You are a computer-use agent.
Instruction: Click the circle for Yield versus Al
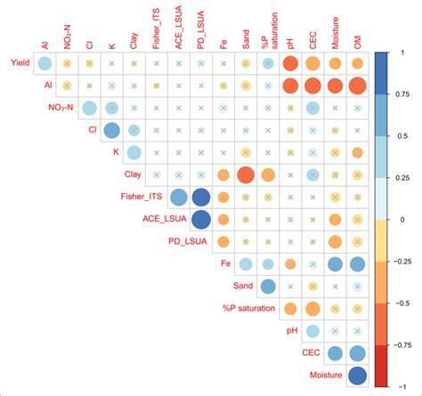(x=45, y=63)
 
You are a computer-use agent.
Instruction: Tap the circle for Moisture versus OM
(x=357, y=375)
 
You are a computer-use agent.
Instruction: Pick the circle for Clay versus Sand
(x=246, y=174)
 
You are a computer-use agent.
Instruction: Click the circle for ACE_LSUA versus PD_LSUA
(x=201, y=219)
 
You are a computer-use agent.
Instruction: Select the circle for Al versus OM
(x=357, y=85)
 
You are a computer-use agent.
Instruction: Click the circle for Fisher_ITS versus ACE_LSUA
(x=178, y=197)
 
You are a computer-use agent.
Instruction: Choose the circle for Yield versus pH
(x=290, y=63)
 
